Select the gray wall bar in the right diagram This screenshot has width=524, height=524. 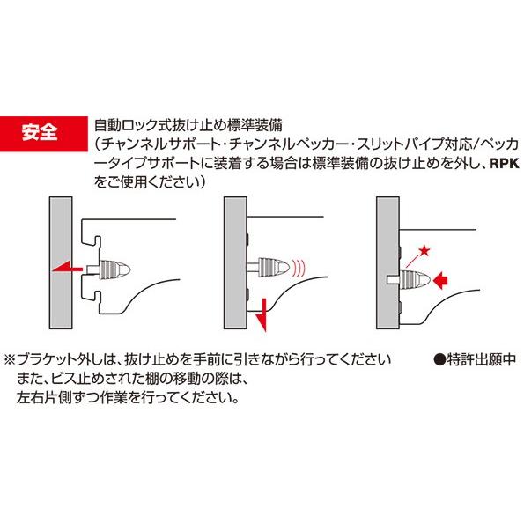[385, 264]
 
